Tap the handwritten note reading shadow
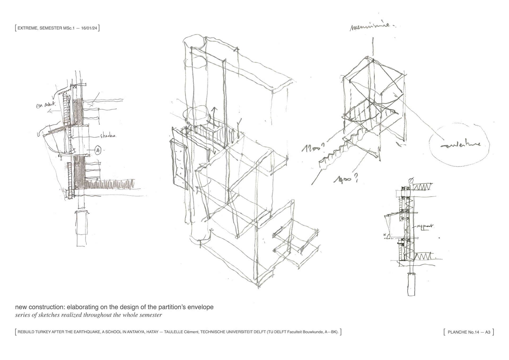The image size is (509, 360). pyautogui.click(x=108, y=136)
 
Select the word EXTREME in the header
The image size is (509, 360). pyautogui.click(x=27, y=28)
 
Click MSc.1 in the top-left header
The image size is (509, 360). pyautogui.click(x=69, y=28)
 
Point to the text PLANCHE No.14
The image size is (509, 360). pyautogui.click(x=463, y=332)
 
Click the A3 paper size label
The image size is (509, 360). pyautogui.click(x=488, y=332)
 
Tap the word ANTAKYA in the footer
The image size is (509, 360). pyautogui.click(x=136, y=332)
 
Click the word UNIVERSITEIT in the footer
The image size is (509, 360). pyautogui.click(x=236, y=332)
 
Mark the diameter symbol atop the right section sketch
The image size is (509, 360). pyautogui.click(x=411, y=181)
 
